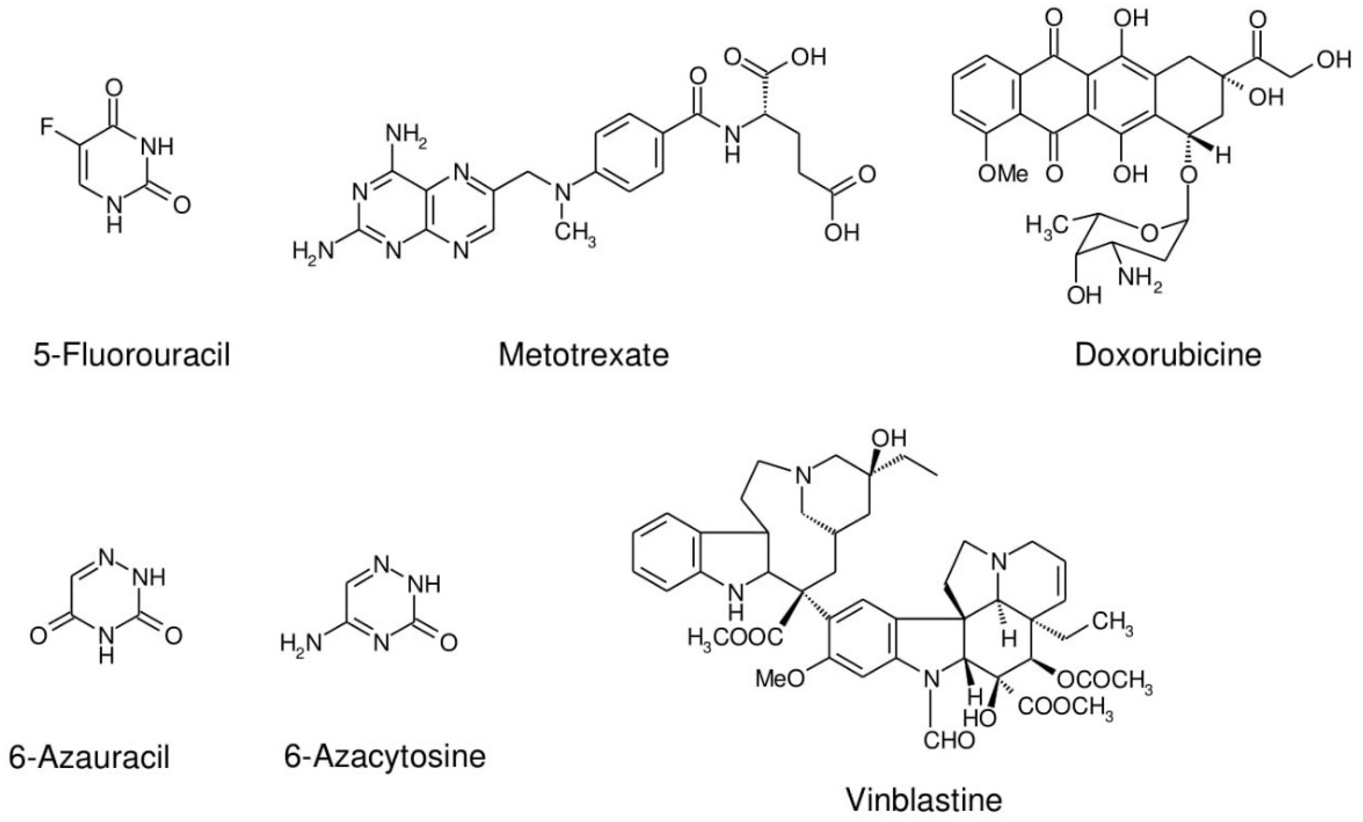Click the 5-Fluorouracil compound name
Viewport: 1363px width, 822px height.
(132, 355)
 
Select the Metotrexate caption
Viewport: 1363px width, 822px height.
(584, 355)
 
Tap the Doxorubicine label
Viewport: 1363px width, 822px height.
(1168, 355)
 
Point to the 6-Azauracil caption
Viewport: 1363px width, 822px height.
(89, 756)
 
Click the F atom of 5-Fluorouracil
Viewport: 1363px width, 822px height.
(48, 128)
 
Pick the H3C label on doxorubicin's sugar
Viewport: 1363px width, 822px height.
(1045, 226)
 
